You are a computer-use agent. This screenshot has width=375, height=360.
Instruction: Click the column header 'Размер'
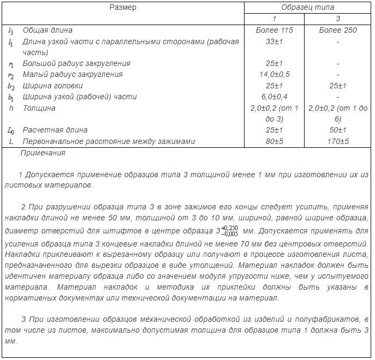point(123,8)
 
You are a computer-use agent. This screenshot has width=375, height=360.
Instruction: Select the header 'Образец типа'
point(307,8)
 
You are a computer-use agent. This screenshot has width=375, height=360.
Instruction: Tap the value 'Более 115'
point(274,30)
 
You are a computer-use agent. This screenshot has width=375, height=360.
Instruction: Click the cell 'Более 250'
point(338,30)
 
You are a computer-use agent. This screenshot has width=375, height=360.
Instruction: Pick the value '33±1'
point(274,41)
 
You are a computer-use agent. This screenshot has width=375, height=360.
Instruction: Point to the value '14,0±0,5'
point(274,75)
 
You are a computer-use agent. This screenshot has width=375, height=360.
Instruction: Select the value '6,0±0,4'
point(274,97)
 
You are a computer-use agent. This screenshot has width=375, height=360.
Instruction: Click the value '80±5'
point(274,142)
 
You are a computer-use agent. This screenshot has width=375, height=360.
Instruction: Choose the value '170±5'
point(338,142)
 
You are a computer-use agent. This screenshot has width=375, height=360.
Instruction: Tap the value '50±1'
point(338,130)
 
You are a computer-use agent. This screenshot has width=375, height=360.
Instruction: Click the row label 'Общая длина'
point(47,30)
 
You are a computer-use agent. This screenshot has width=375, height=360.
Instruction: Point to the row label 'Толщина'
point(39,108)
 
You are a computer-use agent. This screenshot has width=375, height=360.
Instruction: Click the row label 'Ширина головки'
point(53,86)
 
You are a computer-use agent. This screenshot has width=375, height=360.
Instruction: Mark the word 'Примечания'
point(43,153)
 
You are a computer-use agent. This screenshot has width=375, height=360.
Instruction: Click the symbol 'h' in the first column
point(11,108)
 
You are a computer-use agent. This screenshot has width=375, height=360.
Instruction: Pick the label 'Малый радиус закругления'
point(73,75)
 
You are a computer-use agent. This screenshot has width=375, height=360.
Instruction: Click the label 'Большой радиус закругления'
point(76,63)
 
